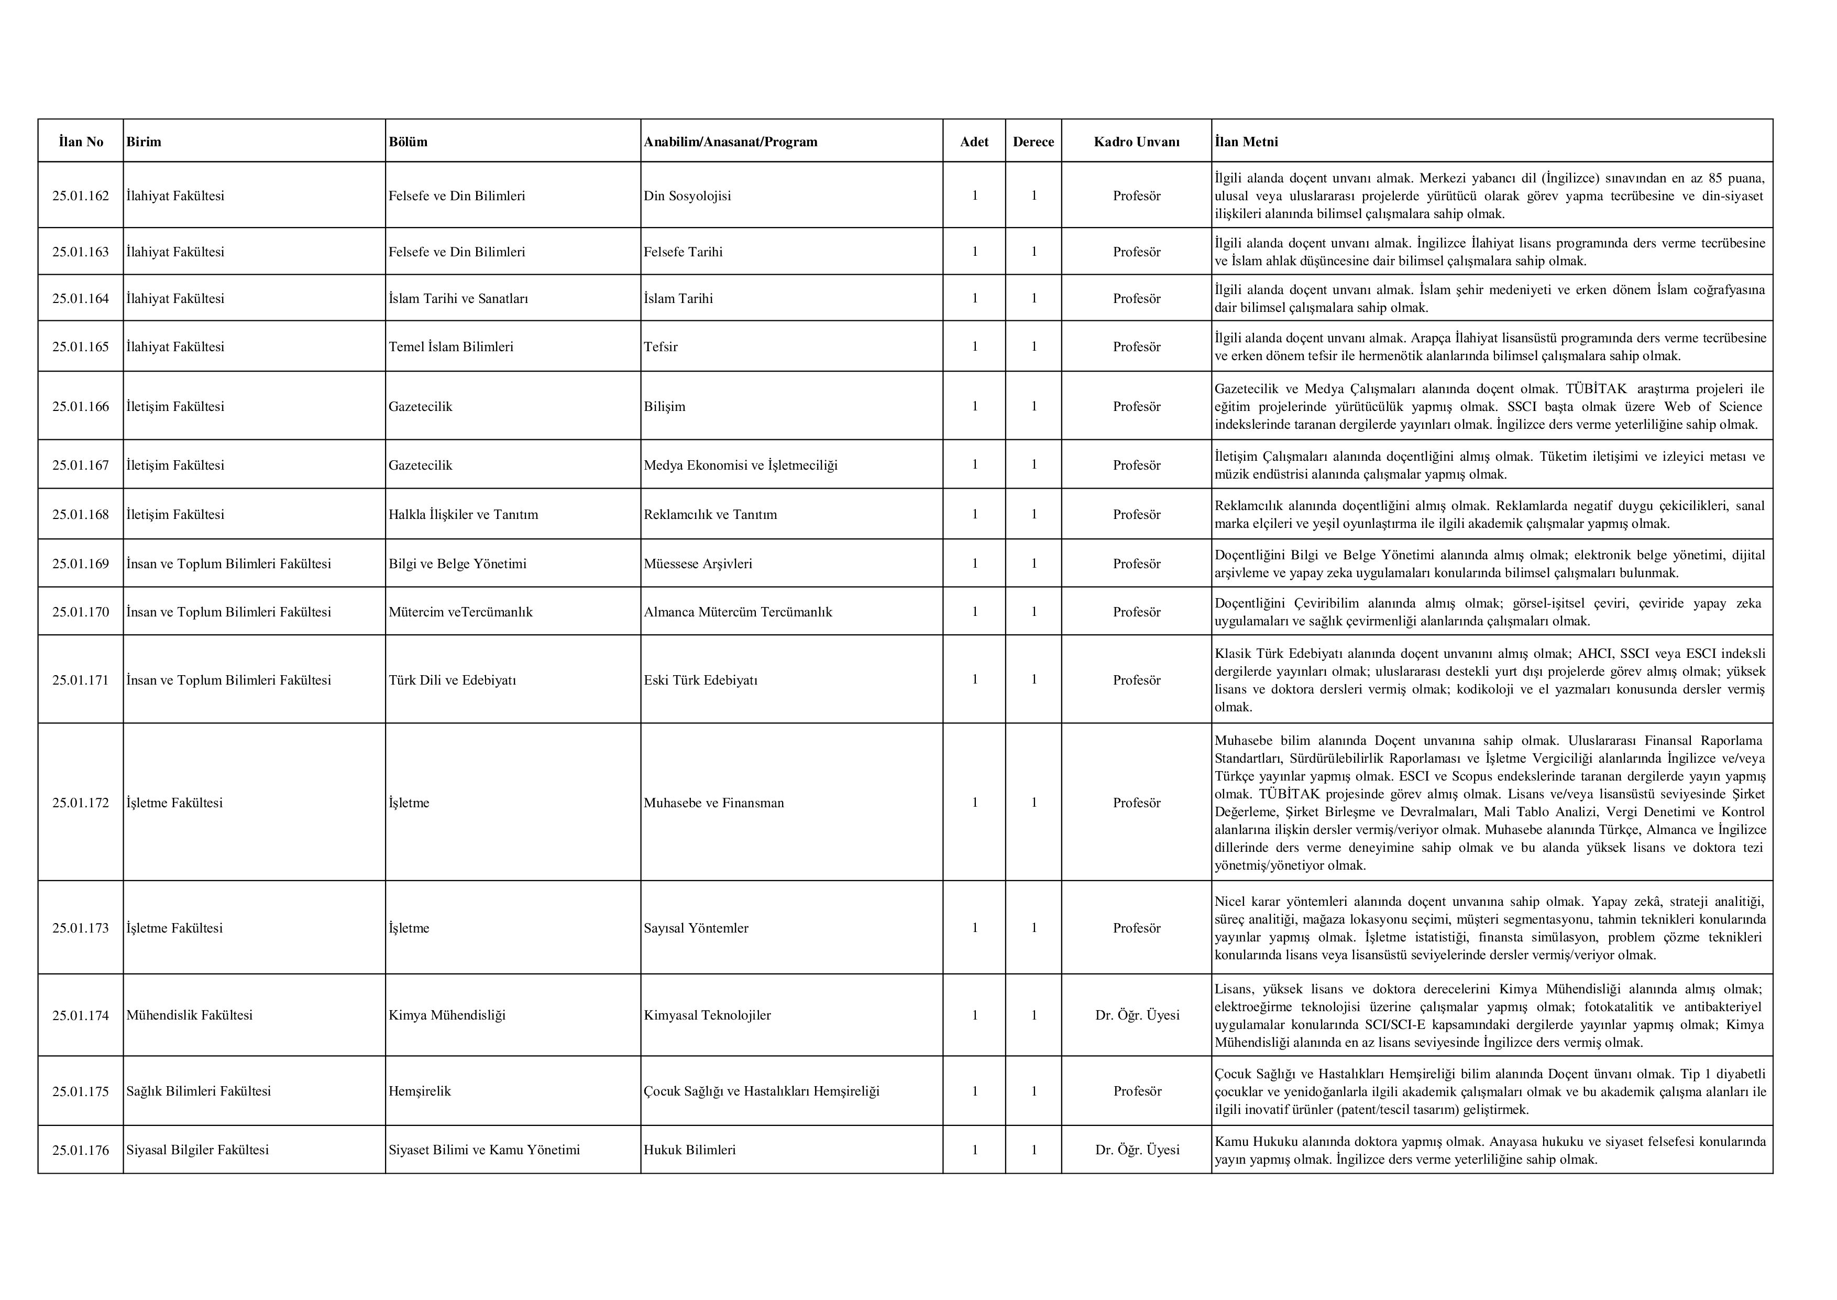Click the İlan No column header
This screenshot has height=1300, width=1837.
pyautogui.click(x=80, y=142)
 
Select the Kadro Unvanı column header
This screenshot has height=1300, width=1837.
pyautogui.click(x=1136, y=142)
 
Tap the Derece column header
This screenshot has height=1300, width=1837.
pyautogui.click(x=1033, y=142)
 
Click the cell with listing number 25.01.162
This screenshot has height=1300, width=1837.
pyautogui.click(x=80, y=196)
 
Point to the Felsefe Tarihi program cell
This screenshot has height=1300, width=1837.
pyautogui.click(x=683, y=252)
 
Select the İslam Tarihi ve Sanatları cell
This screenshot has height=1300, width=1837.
pyautogui.click(x=458, y=299)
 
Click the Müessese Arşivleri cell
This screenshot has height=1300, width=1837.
pyautogui.click(x=698, y=564)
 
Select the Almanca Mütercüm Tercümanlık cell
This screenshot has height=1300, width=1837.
pyautogui.click(x=738, y=612)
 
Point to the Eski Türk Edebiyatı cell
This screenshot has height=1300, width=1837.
pyautogui.click(x=700, y=680)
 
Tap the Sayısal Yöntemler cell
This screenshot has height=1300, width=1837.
pyautogui.click(x=696, y=928)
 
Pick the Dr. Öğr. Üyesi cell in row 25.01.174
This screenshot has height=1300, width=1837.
pyautogui.click(x=1137, y=1015)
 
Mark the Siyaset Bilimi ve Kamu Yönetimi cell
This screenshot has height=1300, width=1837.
pyautogui.click(x=484, y=1150)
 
